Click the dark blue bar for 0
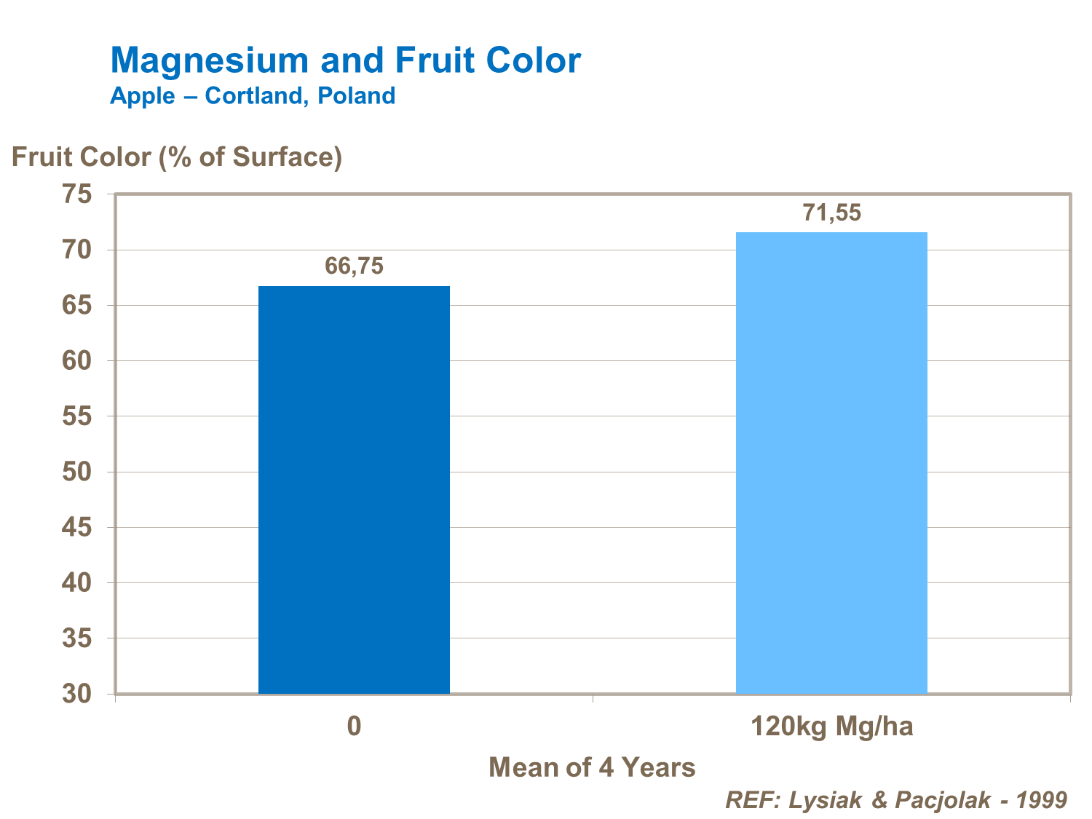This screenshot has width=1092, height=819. pos(354,489)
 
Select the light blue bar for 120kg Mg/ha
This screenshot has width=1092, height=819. pos(831,462)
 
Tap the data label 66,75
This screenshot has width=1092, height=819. pos(354,266)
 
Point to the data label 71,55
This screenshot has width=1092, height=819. pos(831,213)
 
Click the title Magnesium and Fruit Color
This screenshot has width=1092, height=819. pos(345,60)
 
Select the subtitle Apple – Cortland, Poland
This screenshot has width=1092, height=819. pos(253,95)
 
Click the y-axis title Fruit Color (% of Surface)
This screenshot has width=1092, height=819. pos(177,157)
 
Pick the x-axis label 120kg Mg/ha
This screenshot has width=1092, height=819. pos(831,727)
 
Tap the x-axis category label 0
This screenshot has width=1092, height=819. pos(354,727)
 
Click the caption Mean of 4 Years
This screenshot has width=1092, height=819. pos(592,767)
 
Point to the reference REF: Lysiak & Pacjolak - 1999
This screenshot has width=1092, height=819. pos(896,800)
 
